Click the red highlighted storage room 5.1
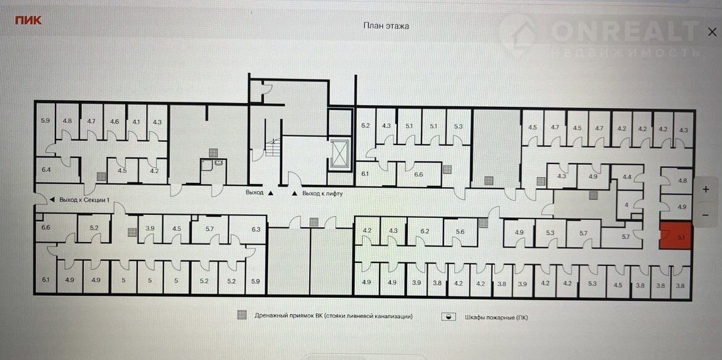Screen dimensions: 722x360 pos(676,235)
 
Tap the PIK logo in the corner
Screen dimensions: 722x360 pos(28,20)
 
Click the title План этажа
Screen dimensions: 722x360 pos(386,26)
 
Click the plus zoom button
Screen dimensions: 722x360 pos(705,190)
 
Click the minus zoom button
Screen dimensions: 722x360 pos(705,215)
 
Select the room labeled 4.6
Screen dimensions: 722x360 pos(114,122)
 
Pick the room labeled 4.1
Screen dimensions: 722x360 pos(136,122)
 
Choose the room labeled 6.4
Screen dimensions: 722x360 pos(46,170)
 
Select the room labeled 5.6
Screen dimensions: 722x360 pos(460,232)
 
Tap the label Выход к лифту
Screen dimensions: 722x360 pos(322,194)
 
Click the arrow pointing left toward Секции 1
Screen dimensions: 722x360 pos(52,199)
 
